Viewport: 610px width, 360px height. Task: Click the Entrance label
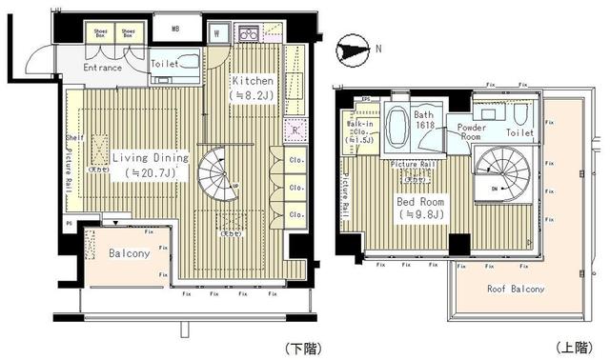point(103,68)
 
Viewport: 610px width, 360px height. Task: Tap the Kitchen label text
point(253,81)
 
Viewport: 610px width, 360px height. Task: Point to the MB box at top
point(174,29)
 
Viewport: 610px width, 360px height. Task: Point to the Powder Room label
point(473,132)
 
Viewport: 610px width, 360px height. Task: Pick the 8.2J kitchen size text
point(253,95)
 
